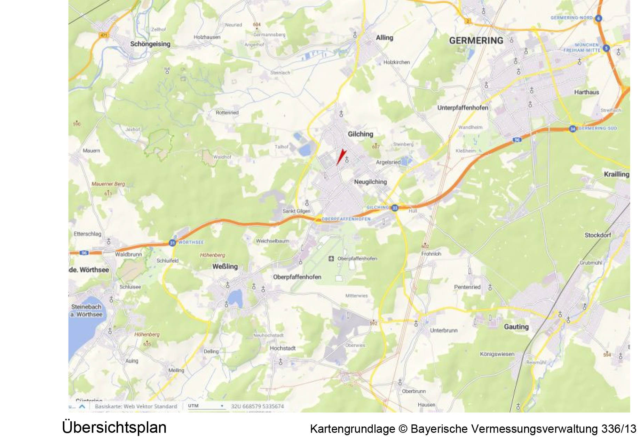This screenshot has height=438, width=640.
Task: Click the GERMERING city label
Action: coord(476,41)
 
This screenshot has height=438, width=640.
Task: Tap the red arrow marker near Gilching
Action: coord(341,157)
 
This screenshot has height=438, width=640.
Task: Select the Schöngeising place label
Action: coord(150,44)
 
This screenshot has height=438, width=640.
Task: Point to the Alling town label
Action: coord(384,38)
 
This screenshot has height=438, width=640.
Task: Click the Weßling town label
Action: coord(225,266)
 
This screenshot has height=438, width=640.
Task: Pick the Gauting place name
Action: coord(516,327)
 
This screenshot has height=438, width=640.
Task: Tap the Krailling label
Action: coord(616,174)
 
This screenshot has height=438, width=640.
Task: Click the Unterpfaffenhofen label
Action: coord(463,108)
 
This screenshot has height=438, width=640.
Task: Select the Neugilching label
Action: coord(370,182)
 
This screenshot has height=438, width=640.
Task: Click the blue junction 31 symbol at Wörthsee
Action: coord(172,243)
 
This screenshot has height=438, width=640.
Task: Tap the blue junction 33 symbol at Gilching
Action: coord(394,208)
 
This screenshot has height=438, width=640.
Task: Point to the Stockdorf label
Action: coord(598,235)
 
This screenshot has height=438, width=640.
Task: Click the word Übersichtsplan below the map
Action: coord(114,427)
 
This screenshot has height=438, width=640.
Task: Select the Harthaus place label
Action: coord(586,92)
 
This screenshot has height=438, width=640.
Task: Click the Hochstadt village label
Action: coord(283,348)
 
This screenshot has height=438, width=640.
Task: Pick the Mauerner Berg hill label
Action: coord(108,184)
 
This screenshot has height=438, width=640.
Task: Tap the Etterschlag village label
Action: coord(87,234)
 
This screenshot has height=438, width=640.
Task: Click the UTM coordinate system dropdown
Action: coord(206,406)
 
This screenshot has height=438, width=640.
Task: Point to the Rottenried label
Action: coord(227,113)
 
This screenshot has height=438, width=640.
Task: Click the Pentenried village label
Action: coord(467,287)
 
